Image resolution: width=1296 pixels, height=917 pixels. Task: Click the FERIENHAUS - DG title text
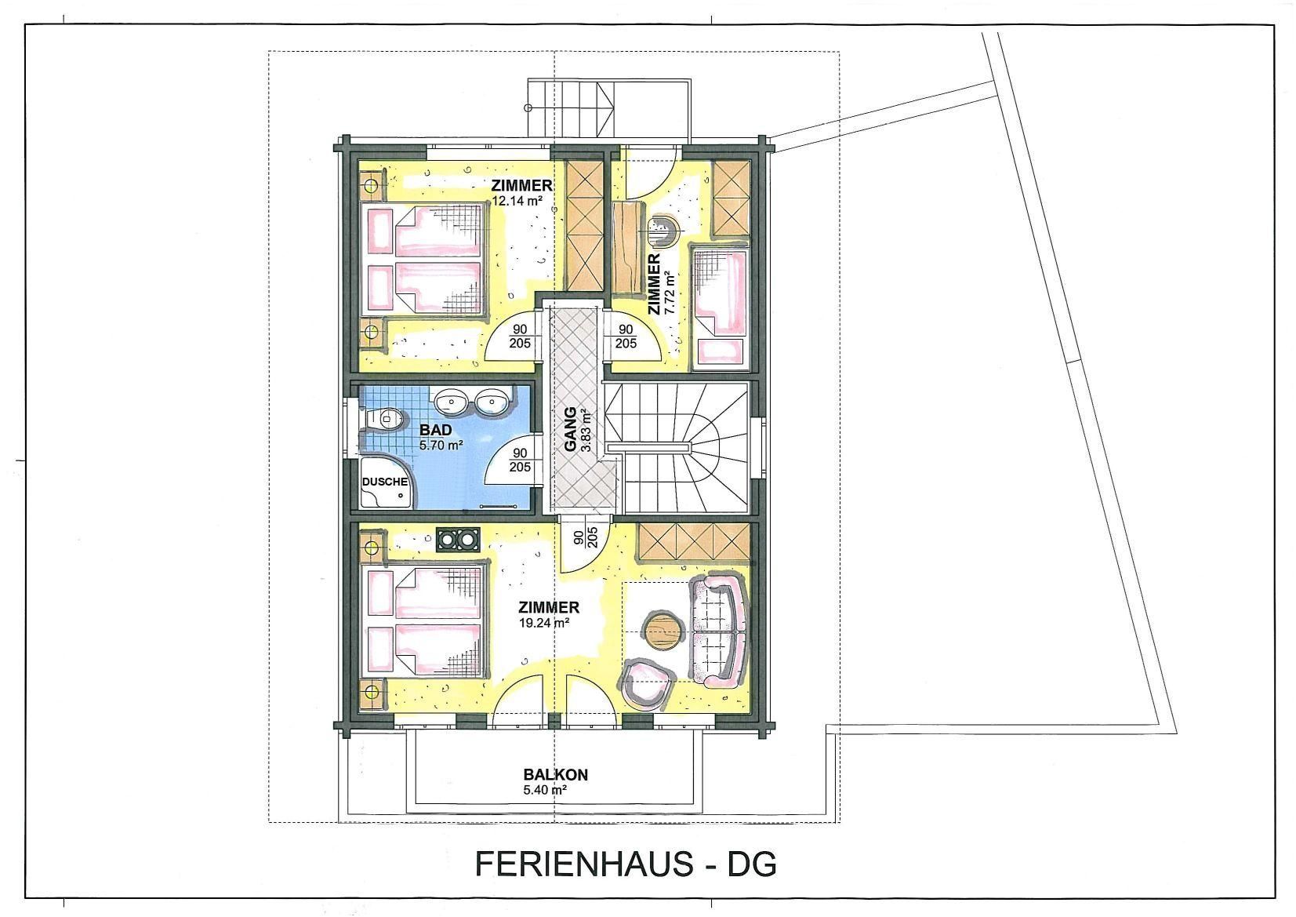click(x=626, y=864)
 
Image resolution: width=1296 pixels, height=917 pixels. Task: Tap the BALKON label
click(x=555, y=774)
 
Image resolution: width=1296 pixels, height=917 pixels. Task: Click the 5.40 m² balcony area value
click(x=544, y=790)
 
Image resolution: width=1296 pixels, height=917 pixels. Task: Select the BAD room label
click(x=436, y=430)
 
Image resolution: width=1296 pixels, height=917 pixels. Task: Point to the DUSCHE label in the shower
click(x=385, y=482)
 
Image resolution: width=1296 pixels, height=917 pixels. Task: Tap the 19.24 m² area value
click(x=545, y=623)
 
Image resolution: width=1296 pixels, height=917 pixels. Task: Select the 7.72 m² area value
click(x=670, y=293)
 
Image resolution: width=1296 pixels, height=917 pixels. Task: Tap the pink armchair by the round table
click(x=648, y=686)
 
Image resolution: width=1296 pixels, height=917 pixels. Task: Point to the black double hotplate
click(x=458, y=540)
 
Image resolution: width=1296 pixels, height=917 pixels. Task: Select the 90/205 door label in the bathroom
click(x=520, y=460)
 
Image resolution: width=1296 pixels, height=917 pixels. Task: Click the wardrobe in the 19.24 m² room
click(x=694, y=542)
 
